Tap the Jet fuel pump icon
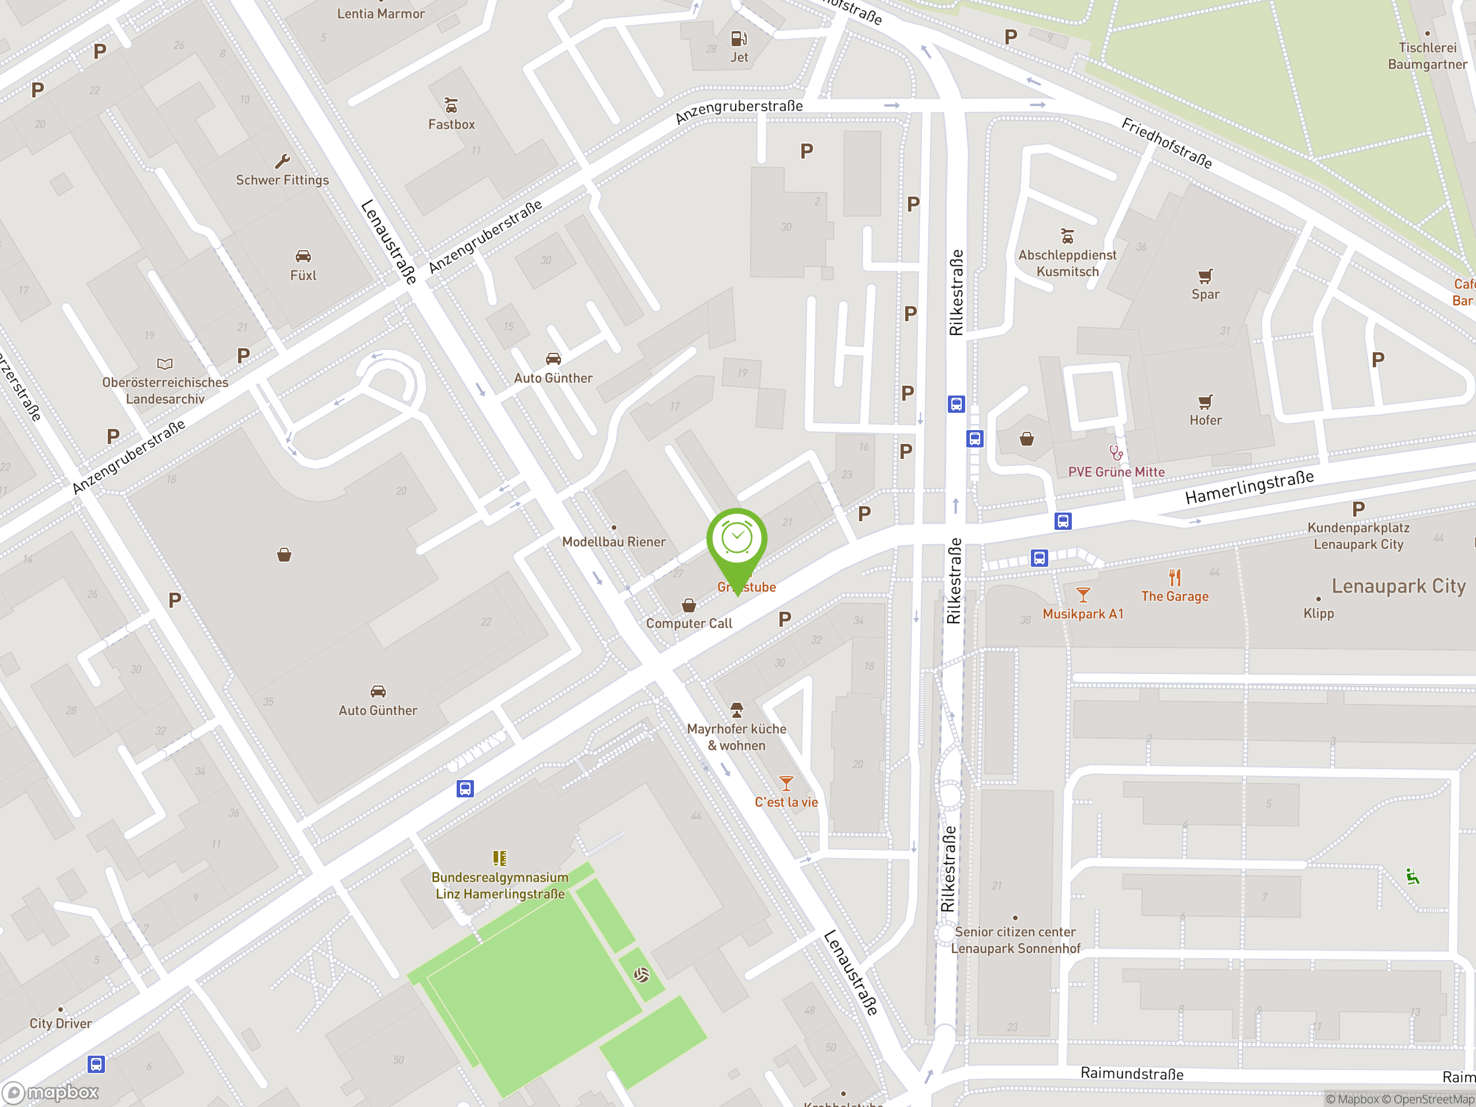739,39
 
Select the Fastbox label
452,125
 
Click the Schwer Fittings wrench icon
283,161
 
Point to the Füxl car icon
303,256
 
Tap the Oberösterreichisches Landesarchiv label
165,390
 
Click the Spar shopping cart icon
1205,276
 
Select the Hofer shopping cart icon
1205,402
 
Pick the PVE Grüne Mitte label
1116,472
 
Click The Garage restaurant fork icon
1175,577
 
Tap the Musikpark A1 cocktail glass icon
1083,594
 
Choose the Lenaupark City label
1399,586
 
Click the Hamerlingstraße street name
1249,487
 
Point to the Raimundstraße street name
1132,1074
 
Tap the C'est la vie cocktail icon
786,784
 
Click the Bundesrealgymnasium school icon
500,858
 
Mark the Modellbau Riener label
613,542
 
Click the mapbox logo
51,1093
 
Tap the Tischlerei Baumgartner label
1428,56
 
